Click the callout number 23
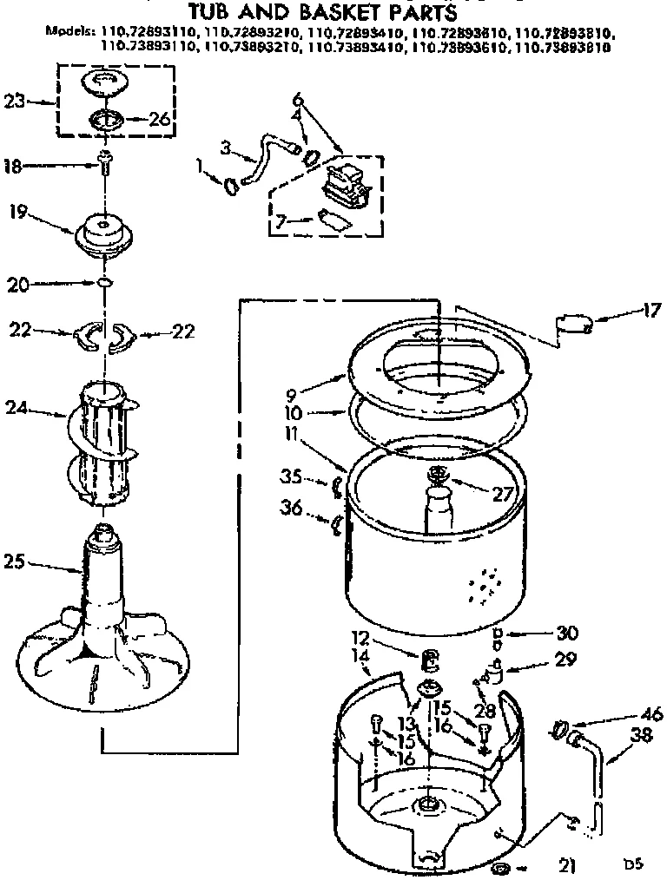coord(13,101)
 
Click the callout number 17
coord(652,309)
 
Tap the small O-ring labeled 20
coord(104,283)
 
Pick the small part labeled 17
coord(574,325)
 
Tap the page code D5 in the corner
coord(633,864)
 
